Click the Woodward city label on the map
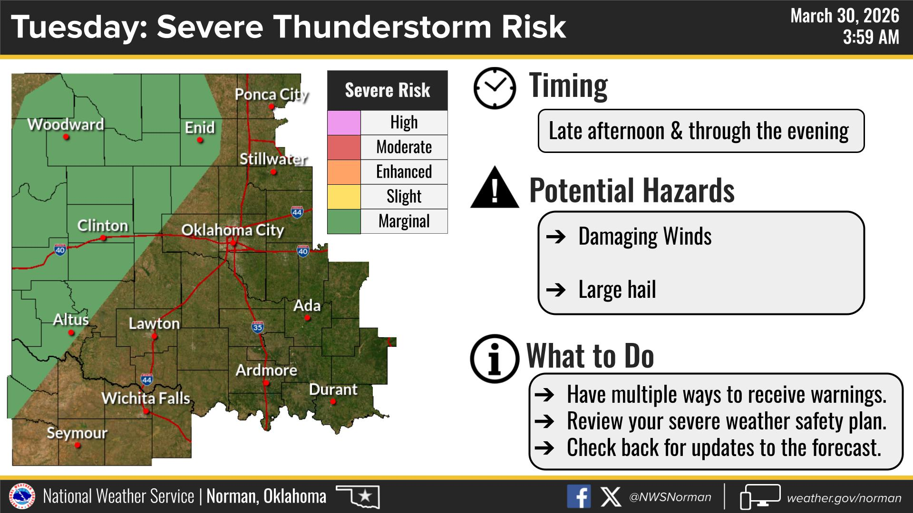66,124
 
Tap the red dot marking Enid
200,140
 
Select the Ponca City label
272,95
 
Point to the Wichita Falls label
146,398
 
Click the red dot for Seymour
78,446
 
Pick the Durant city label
333,389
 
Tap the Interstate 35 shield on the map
257,327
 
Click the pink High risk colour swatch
344,123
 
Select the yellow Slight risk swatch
344,197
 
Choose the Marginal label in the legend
404,221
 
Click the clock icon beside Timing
495,88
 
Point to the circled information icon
495,359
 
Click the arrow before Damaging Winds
556,237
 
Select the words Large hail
617,289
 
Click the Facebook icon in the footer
579,496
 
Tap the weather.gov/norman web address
844,498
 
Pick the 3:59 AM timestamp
871,37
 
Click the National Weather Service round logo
23,496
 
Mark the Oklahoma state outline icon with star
358,496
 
